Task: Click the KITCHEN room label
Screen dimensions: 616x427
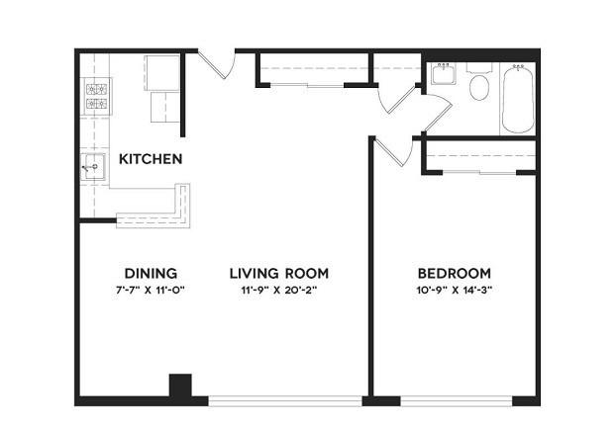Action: click(x=151, y=159)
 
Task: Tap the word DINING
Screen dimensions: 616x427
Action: click(x=151, y=273)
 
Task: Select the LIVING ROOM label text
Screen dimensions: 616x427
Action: click(x=279, y=273)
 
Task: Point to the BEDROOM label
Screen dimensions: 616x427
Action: click(x=455, y=273)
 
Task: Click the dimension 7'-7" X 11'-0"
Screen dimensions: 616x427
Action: click(x=151, y=291)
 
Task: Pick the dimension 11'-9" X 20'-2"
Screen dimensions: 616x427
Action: click(x=279, y=291)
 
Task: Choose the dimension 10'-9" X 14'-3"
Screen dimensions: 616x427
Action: click(x=455, y=291)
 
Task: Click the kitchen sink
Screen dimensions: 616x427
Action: click(x=93, y=167)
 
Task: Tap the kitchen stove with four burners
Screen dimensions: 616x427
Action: click(x=96, y=97)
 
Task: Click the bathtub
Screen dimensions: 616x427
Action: click(x=518, y=99)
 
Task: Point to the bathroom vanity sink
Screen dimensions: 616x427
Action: click(x=444, y=74)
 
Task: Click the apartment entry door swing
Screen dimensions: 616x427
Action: click(x=217, y=63)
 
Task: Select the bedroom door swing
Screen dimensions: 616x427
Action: click(x=393, y=151)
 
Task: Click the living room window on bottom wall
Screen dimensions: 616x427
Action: click(x=285, y=400)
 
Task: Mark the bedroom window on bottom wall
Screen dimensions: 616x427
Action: click(x=457, y=400)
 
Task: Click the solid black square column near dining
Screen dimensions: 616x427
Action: click(x=180, y=385)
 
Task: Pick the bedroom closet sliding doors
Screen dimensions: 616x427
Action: click(x=479, y=172)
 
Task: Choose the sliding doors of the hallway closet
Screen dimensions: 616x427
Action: click(x=307, y=85)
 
